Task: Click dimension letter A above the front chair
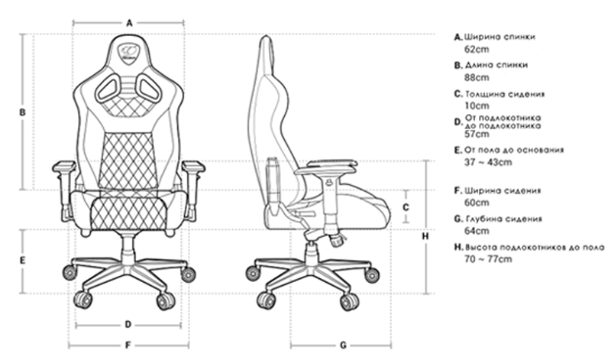coord(129,23)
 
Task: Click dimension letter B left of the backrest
coord(23,112)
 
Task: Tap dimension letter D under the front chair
coord(128,324)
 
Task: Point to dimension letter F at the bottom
coord(128,344)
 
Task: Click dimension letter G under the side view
coord(343,344)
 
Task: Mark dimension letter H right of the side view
coord(425,236)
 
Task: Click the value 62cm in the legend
coord(477,48)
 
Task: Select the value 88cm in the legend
coord(477,77)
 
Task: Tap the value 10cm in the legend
coord(477,105)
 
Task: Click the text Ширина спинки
coord(499,36)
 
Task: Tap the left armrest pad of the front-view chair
coord(63,165)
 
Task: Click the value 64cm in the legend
coord(477,231)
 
